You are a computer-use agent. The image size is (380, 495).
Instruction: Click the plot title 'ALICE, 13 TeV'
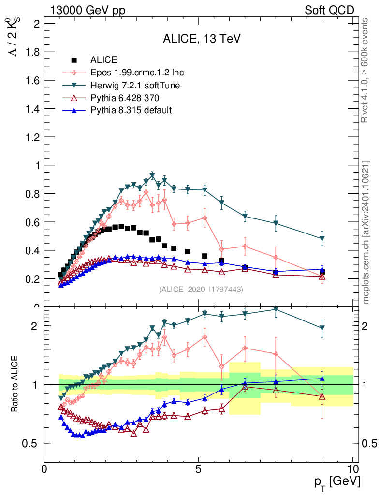tap(202, 39)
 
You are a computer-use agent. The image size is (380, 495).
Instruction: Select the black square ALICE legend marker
tap(74, 60)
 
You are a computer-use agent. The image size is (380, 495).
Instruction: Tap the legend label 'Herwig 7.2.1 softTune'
tap(135, 85)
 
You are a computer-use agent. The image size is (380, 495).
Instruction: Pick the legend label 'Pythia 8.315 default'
tap(131, 110)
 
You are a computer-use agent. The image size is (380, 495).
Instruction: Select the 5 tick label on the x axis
tap(198, 469)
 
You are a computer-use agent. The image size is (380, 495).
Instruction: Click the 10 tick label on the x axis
tap(353, 469)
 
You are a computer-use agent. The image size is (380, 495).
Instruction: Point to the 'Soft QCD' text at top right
tap(330, 10)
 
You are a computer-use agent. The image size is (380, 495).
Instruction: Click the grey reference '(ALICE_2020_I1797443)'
tap(201, 290)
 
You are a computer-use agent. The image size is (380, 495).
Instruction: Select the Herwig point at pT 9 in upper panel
tap(322, 239)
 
